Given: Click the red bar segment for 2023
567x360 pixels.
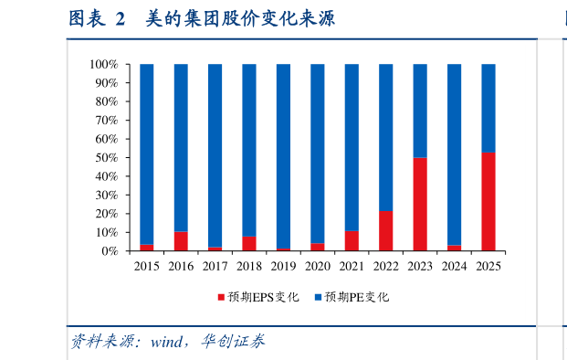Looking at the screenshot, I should point(420,204).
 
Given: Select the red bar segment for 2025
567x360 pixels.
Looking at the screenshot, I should point(488,202).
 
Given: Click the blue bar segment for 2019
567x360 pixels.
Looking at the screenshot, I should point(283,156).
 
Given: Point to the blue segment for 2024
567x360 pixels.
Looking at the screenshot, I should point(454,154).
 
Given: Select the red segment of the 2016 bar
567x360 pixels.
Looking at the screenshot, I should point(181,241).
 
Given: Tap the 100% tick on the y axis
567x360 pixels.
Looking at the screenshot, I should point(104,65).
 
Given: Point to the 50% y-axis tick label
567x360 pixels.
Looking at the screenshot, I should point(107,158).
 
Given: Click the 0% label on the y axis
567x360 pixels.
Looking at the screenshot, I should point(110,251).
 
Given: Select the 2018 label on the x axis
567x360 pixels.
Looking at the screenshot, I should point(249,266).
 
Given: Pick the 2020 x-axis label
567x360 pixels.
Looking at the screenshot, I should point(318,266).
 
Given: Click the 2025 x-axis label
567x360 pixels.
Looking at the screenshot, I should point(488,266).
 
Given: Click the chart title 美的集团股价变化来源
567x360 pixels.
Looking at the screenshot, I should point(240,18).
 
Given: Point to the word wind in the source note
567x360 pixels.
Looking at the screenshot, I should point(168,343).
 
